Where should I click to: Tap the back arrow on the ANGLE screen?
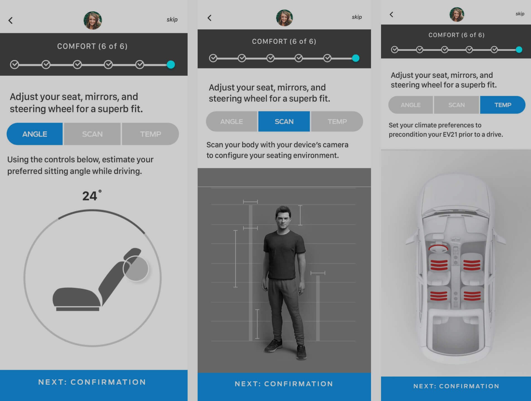click(11, 20)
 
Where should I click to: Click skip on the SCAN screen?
click(357, 17)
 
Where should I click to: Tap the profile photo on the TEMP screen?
click(457, 14)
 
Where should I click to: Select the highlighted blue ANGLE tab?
click(35, 134)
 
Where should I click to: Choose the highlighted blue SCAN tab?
click(284, 121)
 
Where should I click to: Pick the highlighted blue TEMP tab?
click(503, 105)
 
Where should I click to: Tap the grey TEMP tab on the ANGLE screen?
click(150, 134)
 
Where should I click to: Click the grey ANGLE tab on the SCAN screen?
click(232, 121)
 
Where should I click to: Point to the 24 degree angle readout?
click(92, 195)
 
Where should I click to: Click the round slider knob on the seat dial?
click(136, 268)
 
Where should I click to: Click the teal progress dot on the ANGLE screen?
click(171, 65)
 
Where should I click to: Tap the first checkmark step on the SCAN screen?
click(213, 58)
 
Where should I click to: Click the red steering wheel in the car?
click(438, 248)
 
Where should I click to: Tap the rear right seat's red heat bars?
click(472, 295)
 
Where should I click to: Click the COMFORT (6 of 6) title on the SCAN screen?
click(284, 41)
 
